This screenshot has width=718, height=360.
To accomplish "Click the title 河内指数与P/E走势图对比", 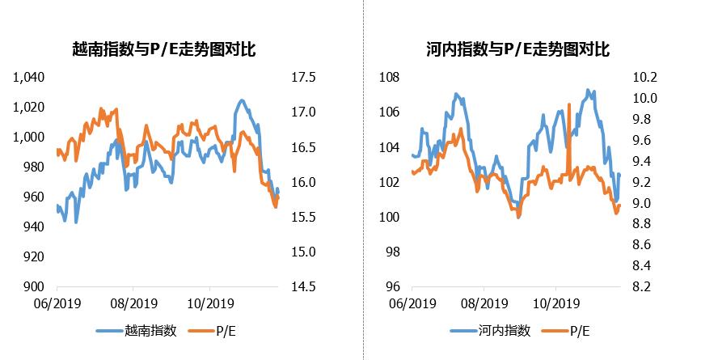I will coord(517,50).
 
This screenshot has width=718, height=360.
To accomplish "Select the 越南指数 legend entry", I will coord(148,330).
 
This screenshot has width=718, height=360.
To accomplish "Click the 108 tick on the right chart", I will coord(391,77).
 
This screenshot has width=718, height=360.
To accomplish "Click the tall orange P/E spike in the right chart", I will coord(570,109).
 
